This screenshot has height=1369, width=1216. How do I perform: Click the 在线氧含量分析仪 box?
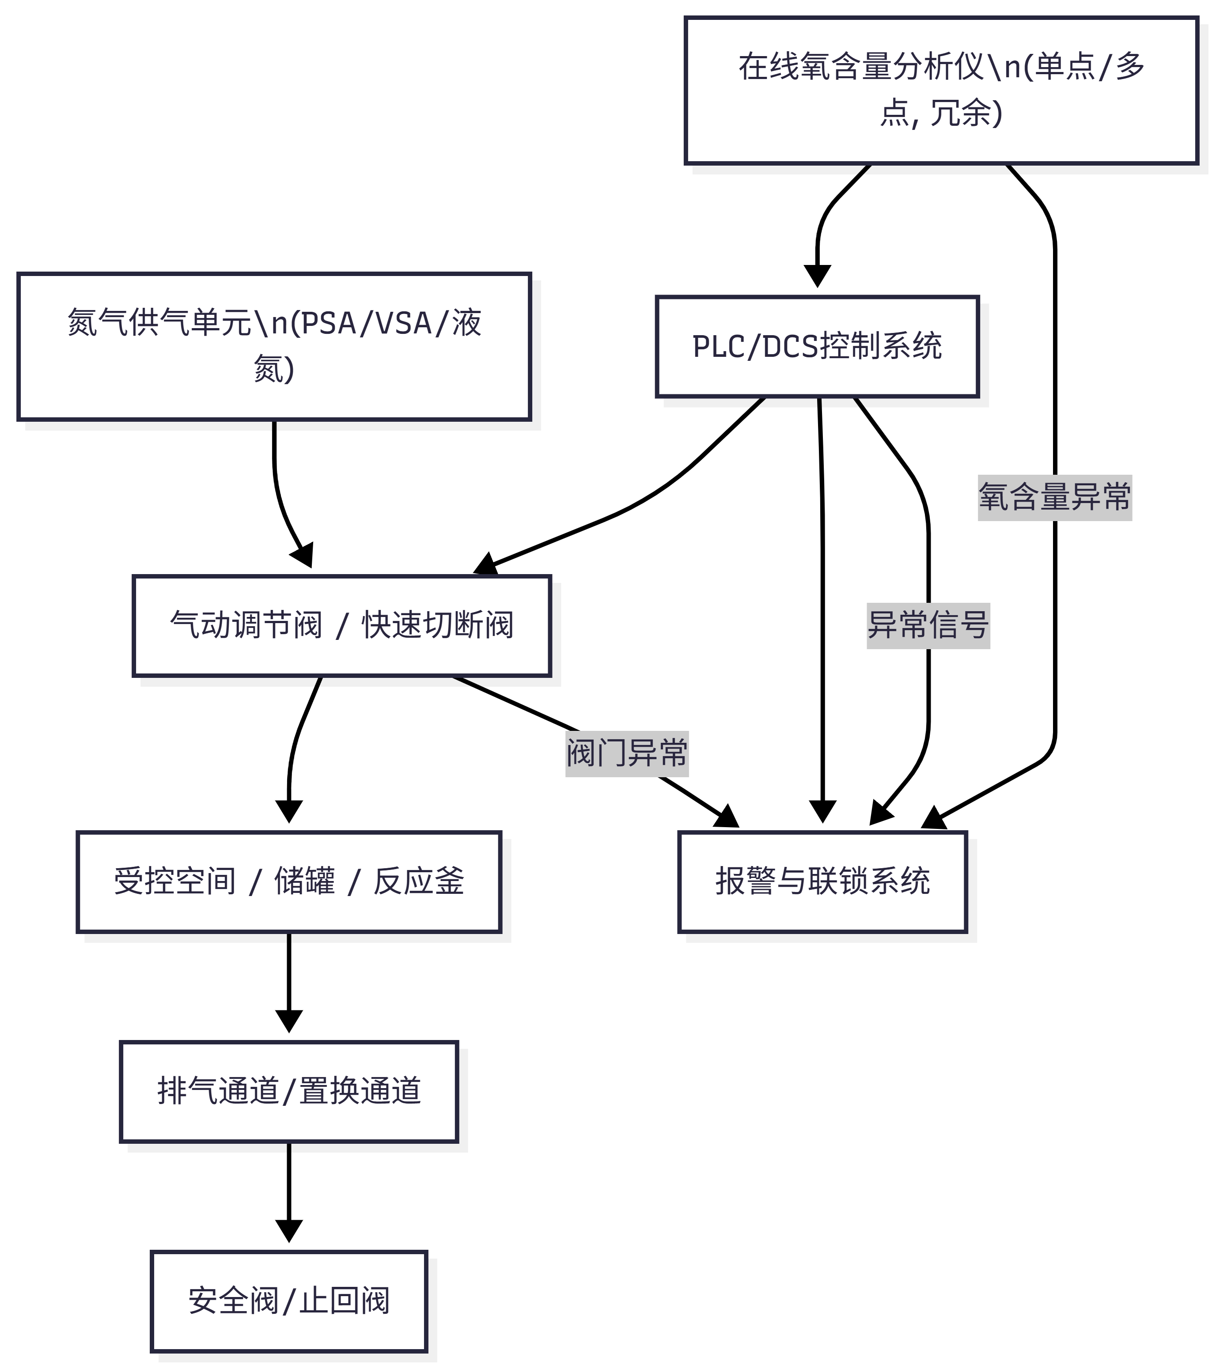[941, 91]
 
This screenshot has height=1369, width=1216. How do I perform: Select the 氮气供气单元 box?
[274, 346]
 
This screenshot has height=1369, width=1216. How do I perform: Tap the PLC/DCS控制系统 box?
[817, 346]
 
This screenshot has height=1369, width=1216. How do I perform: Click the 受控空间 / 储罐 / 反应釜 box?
[289, 881]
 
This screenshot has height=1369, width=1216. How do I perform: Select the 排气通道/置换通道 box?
[289, 1091]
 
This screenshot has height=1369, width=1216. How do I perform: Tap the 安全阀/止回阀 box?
[289, 1301]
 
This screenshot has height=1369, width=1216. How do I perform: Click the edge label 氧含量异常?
[1054, 498]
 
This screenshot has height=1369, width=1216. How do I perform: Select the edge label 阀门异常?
[626, 753]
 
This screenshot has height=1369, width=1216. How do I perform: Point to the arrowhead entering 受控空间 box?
[289, 812]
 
